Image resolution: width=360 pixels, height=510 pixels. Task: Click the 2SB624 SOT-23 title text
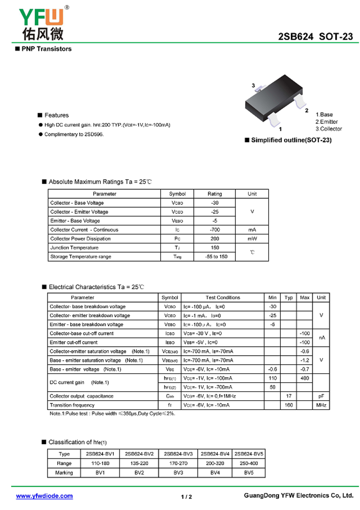pos(315,37)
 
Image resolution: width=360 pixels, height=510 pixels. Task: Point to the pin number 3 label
pos(253,86)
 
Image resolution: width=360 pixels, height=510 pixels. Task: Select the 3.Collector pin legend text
pos(328,129)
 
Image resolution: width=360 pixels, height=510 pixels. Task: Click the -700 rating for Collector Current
pos(214,230)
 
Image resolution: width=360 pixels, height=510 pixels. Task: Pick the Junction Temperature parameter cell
pos(74,248)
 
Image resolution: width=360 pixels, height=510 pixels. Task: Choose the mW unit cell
pos(252,239)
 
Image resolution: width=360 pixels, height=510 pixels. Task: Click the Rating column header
pos(214,194)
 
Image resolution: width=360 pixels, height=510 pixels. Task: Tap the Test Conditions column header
pos(223,298)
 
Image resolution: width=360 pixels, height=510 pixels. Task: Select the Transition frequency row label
pos(72,405)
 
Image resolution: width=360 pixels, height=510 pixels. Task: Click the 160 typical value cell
pos(288,405)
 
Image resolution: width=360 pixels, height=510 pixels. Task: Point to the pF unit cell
pos(321,396)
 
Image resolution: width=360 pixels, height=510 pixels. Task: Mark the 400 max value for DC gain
pos(305,378)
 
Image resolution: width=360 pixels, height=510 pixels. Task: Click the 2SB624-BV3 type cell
pos(179,454)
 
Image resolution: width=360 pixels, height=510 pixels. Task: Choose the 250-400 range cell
pos(248,463)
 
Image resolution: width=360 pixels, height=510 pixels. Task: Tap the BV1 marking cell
pos(100,473)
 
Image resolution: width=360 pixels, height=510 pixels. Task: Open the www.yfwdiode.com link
pos(44,496)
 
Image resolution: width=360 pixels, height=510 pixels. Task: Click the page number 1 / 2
pos(186,497)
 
